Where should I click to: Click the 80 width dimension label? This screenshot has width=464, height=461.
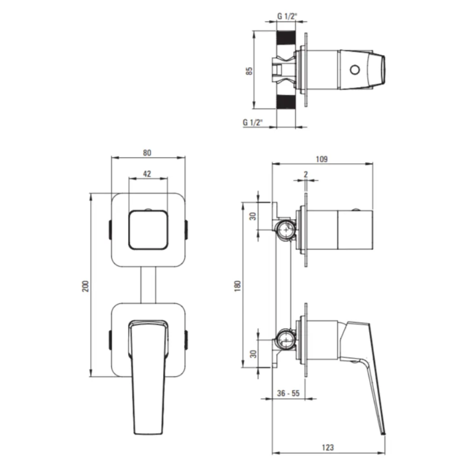coord(147,152)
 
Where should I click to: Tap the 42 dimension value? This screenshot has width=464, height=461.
coord(147,174)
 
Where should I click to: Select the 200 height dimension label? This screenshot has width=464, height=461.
coord(85,286)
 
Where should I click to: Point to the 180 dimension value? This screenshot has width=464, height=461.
coord(237,286)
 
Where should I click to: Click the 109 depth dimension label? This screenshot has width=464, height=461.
coord(322,159)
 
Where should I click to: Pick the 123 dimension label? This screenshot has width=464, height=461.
coord(328,447)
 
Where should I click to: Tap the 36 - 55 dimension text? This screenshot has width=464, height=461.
coord(288,393)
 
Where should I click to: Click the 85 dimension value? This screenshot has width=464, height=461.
coord(249,71)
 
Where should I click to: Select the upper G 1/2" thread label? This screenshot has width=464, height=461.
coord(287,16)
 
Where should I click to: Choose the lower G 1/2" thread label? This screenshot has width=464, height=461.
coord(253,122)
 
